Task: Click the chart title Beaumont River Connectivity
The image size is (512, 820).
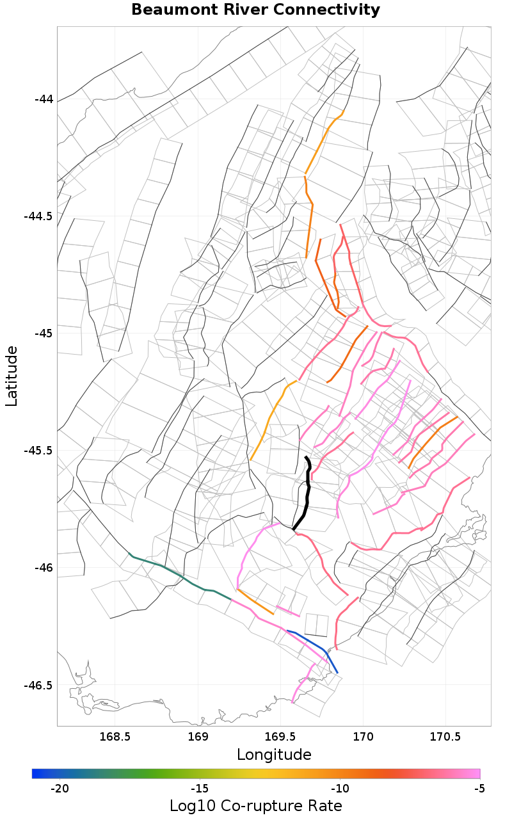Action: click(x=255, y=10)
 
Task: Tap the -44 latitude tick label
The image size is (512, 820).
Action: click(x=44, y=99)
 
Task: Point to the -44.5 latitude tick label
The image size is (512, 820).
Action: click(x=38, y=216)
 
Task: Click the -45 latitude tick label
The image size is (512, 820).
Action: click(x=44, y=334)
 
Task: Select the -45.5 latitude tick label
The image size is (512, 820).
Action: click(x=38, y=451)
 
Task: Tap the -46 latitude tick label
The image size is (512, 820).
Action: click(x=44, y=568)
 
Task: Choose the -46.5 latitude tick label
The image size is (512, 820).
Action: click(x=38, y=685)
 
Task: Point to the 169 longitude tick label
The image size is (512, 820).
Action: click(x=198, y=737)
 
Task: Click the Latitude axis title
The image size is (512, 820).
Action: click(x=12, y=376)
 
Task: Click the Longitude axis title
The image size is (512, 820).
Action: click(x=274, y=755)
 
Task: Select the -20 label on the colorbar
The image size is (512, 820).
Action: click(x=60, y=788)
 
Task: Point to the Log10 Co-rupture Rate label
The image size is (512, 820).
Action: click(x=256, y=806)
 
